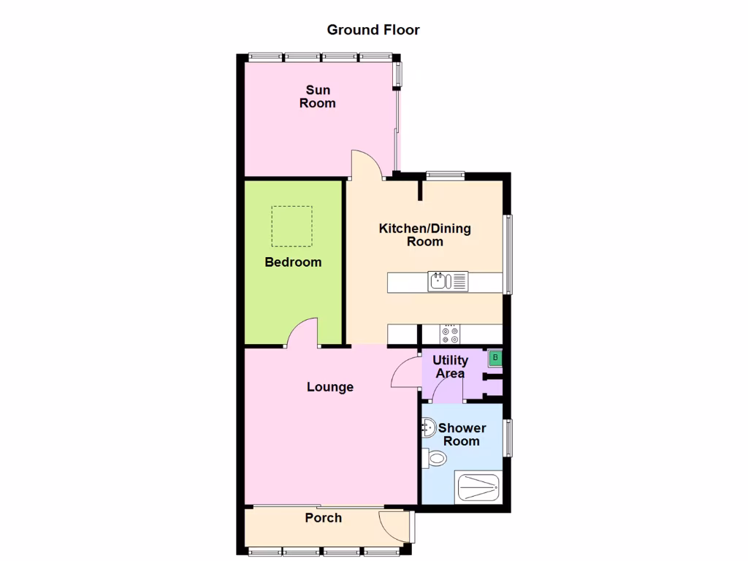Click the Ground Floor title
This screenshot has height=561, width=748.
(373, 30)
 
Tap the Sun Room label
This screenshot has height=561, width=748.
(318, 96)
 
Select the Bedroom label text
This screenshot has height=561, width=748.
(293, 262)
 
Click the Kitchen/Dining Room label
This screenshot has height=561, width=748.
(424, 235)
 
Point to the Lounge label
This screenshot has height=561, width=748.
(330, 387)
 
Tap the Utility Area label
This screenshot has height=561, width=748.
(450, 367)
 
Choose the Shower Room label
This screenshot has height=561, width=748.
(462, 435)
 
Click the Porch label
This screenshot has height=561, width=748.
(323, 518)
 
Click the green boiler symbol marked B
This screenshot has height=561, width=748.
(495, 358)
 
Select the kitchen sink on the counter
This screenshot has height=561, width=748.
(439, 280)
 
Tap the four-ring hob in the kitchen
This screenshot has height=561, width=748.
(449, 335)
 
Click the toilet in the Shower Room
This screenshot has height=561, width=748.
(434, 459)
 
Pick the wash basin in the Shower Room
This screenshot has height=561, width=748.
(428, 428)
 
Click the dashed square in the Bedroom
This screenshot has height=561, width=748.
(292, 226)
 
